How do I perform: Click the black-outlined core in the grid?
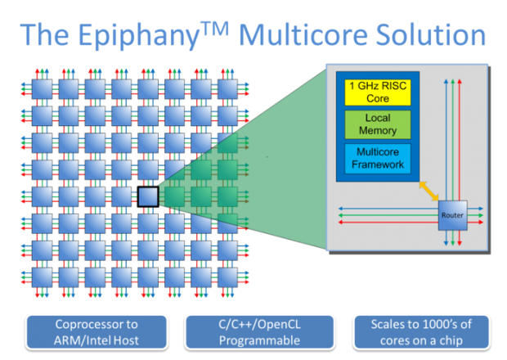tap(147, 197)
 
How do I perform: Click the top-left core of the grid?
tap(42, 86)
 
